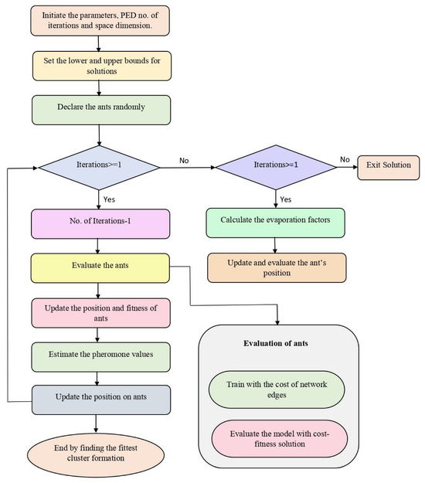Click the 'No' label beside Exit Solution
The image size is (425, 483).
[343, 158]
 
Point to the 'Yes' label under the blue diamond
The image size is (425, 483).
[107, 198]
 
